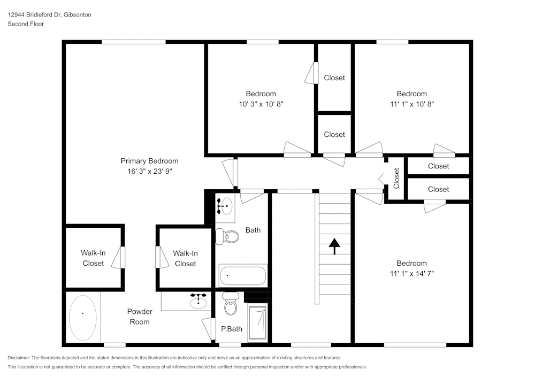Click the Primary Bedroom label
coord(149,161)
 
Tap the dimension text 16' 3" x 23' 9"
coord(149,172)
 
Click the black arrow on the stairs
coord(334,246)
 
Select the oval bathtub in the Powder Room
coord(83,318)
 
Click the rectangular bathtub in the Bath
coord(242,276)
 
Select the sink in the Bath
coord(225,205)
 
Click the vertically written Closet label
coord(396,179)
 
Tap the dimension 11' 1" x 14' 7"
coord(411,273)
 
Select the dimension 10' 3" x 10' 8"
coord(261,104)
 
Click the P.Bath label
coord(232,329)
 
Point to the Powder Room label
coord(139,317)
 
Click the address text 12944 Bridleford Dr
coord(34,15)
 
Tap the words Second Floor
coord(26,24)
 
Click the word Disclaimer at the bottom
coord(19,358)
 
